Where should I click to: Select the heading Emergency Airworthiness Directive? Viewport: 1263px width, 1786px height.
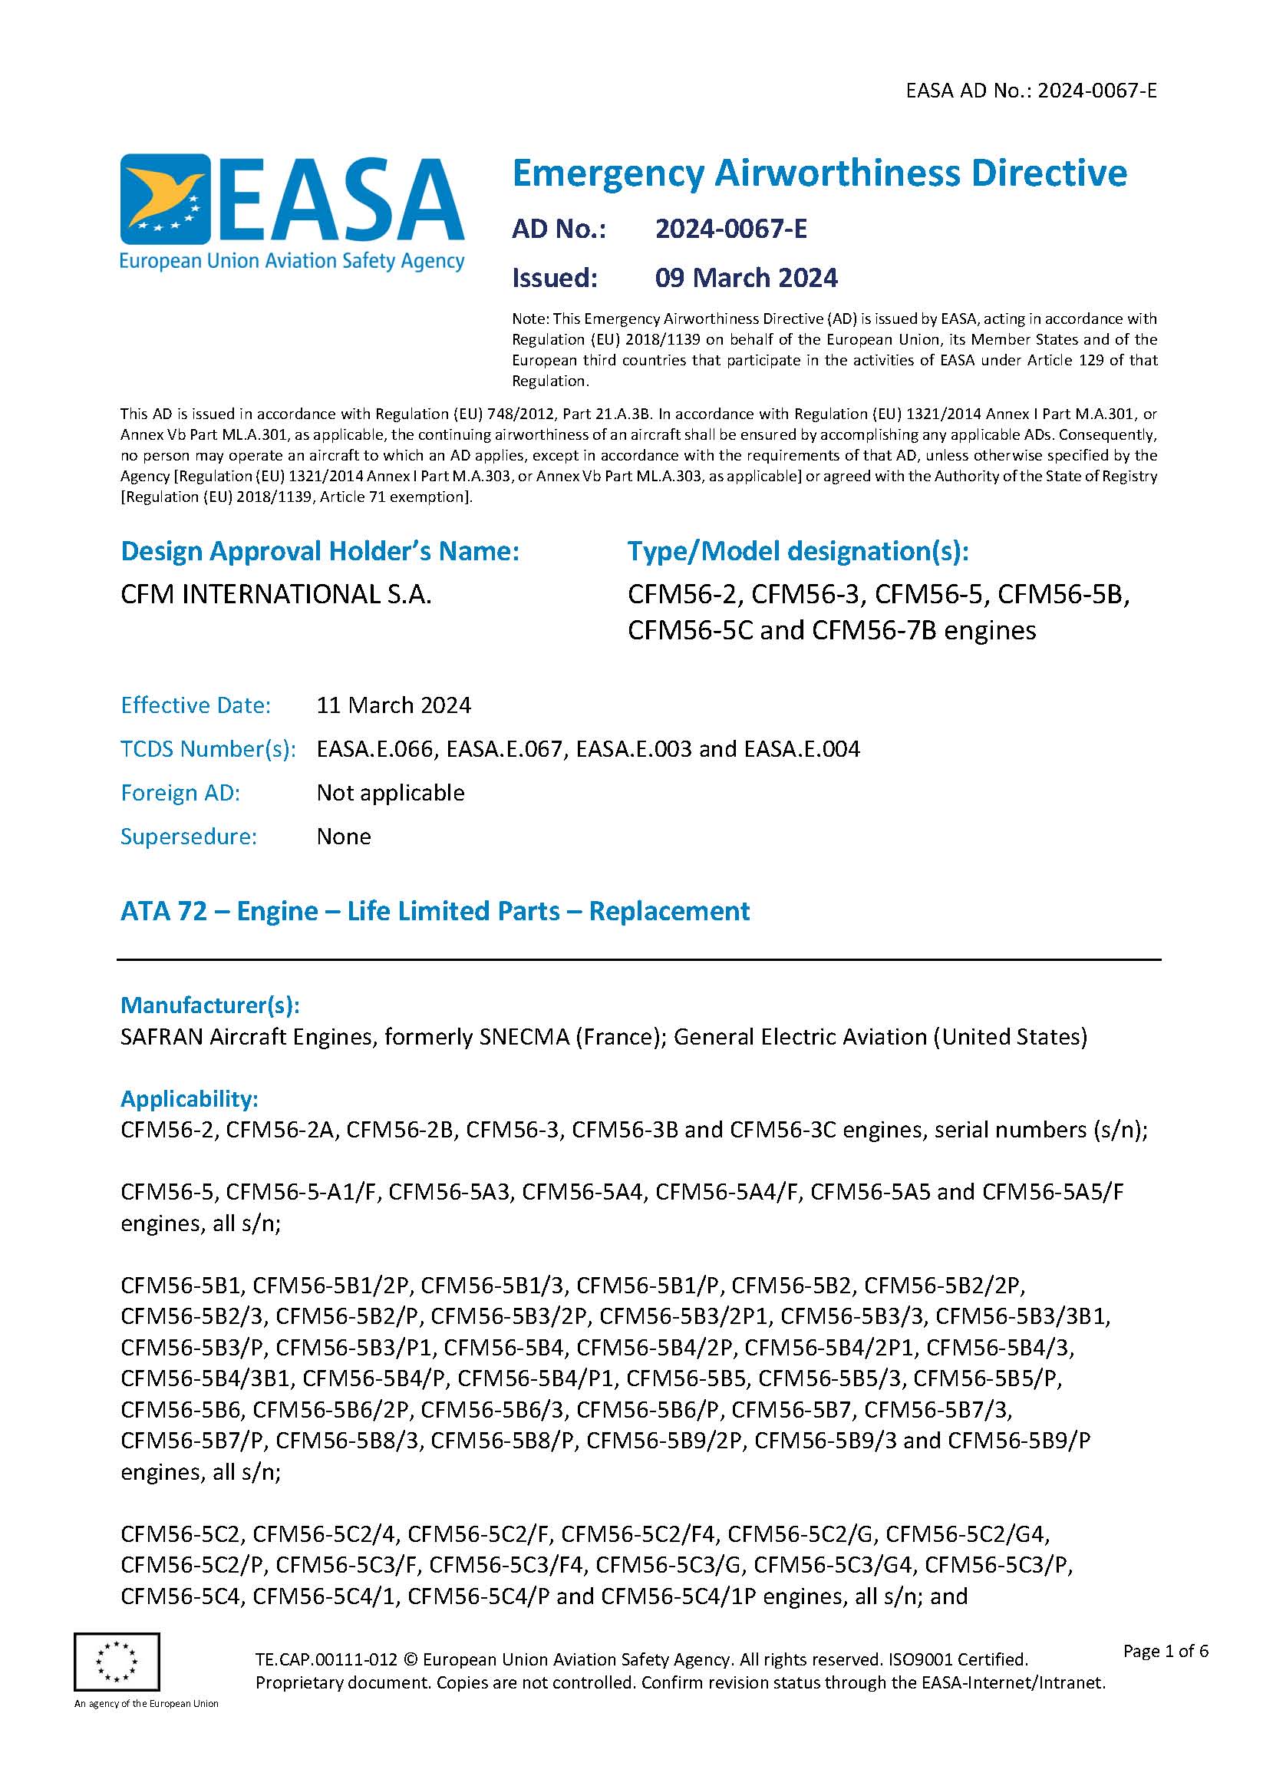point(819,173)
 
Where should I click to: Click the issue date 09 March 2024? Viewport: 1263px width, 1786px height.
point(746,278)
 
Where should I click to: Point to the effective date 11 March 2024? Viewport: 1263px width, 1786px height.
point(394,705)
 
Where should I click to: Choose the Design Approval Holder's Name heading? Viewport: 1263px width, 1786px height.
point(320,551)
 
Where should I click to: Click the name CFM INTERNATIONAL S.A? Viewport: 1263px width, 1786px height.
point(276,594)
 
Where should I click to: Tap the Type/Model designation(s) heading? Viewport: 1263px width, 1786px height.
point(798,551)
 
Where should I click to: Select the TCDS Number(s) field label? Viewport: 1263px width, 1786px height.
point(208,748)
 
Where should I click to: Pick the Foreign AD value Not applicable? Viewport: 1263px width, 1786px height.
point(391,792)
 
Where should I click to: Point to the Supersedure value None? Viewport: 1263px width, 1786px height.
point(344,837)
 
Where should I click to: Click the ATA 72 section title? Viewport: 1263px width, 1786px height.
point(435,911)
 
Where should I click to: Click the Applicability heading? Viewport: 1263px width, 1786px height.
point(189,1098)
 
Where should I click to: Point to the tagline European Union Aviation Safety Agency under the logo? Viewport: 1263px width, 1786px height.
point(292,261)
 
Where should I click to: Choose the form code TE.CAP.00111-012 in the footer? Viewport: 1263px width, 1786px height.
point(327,1659)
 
